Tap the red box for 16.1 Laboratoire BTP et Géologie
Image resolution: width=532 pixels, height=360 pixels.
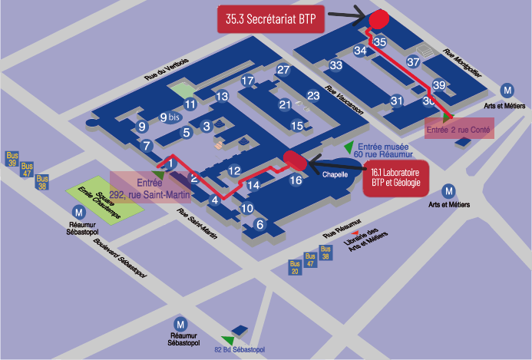pyautogui.click(x=396, y=180)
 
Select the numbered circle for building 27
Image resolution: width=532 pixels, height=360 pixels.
pyautogui.click(x=283, y=71)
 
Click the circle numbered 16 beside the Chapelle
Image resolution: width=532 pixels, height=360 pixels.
pyautogui.click(x=296, y=180)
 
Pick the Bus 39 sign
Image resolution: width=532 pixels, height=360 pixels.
pyautogui.click(x=12, y=159)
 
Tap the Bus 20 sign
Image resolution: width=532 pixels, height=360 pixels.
pyautogui.click(x=295, y=266)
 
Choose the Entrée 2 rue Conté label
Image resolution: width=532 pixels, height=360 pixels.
pyautogui.click(x=459, y=130)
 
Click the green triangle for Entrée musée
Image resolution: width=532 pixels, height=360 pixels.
pyautogui.click(x=349, y=146)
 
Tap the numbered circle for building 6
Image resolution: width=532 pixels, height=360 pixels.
pyautogui.click(x=259, y=225)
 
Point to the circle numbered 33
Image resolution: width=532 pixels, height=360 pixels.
pyautogui.click(x=335, y=65)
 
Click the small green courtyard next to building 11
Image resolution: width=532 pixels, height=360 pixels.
pyautogui.click(x=182, y=89)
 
